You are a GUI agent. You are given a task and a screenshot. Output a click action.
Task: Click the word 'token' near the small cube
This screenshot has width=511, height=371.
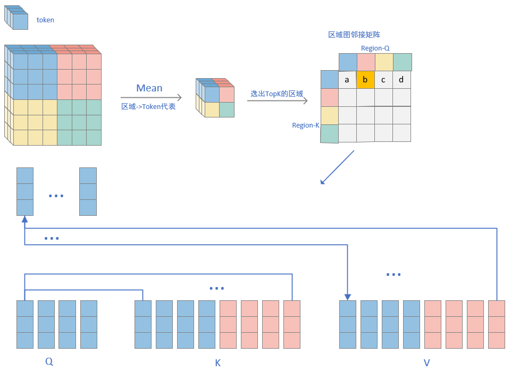point(45,20)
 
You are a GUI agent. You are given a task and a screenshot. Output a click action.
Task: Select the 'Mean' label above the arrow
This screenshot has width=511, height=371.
point(149,88)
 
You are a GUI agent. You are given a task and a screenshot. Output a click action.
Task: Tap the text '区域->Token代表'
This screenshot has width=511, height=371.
point(148,106)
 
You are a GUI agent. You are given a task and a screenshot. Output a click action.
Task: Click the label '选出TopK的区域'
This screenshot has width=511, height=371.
point(277,94)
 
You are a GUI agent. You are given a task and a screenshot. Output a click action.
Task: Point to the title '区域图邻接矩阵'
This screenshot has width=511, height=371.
point(354,35)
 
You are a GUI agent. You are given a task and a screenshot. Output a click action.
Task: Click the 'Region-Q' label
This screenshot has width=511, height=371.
point(375,48)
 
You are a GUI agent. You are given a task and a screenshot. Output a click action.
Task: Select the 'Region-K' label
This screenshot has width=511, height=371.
point(305,125)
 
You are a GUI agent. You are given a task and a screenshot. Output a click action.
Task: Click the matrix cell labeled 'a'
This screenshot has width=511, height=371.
point(347,80)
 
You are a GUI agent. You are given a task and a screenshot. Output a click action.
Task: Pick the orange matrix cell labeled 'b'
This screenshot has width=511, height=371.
point(365,80)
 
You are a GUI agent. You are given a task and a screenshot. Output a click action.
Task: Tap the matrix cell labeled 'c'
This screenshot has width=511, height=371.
point(383,80)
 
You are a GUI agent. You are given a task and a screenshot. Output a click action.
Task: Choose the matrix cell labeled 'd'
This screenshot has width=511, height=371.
point(401,80)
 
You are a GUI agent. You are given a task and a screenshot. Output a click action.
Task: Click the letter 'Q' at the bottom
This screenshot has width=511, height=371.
point(49,361)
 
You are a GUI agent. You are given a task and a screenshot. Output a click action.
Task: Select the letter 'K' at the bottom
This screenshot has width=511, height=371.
point(217,363)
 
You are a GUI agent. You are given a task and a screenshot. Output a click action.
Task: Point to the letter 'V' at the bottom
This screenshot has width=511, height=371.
point(426,363)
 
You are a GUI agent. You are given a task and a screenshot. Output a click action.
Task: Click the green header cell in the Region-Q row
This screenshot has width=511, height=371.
point(402,62)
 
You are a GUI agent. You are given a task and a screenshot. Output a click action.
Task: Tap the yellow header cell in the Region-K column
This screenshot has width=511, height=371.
point(330,115)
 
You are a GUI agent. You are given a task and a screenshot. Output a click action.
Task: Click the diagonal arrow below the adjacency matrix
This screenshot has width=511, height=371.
point(337,167)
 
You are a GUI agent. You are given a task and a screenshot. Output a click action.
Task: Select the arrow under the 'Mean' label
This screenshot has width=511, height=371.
point(151,98)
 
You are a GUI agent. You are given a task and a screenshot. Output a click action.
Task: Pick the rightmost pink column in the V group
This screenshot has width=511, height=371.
point(496,324)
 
